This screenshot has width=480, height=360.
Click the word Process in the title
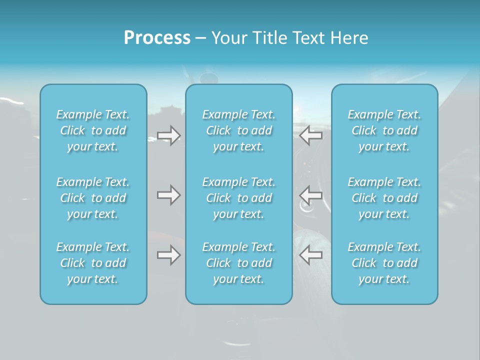tap(157, 38)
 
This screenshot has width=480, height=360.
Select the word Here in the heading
tap(349, 38)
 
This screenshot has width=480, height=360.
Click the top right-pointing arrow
tap(168, 135)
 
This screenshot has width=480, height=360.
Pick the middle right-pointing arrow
tap(168, 195)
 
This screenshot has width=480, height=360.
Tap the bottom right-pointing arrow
tap(168, 255)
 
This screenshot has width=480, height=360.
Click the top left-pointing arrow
tap(311, 135)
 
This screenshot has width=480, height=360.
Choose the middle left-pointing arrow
tap(311, 195)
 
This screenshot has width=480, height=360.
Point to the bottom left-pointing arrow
tap(311, 255)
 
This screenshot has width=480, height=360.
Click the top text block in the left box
tap(93, 130)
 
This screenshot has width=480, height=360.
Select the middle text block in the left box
tap(93, 198)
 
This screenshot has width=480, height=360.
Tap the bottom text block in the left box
tap(93, 263)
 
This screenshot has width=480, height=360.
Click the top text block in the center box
tap(238, 130)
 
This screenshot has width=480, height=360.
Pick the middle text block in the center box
tap(238, 198)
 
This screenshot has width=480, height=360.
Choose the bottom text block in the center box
tap(238, 263)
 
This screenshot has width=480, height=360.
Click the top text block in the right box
tap(384, 130)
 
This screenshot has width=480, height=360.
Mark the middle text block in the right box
tap(384, 198)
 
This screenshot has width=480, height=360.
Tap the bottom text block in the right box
tap(384, 263)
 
